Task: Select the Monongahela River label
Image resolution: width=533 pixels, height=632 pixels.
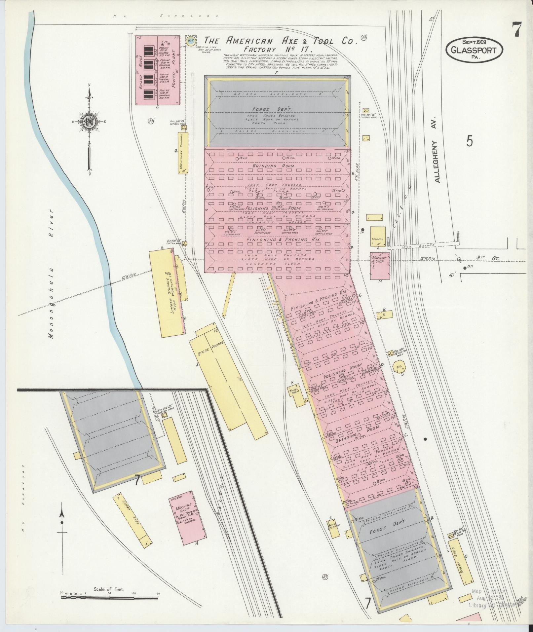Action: [x=51, y=274]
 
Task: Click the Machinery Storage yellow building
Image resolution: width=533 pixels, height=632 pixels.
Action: [x=182, y=153]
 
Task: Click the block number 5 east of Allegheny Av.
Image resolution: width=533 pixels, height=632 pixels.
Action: [x=469, y=141]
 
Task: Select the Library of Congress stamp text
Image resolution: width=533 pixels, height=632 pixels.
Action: [x=490, y=606]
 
